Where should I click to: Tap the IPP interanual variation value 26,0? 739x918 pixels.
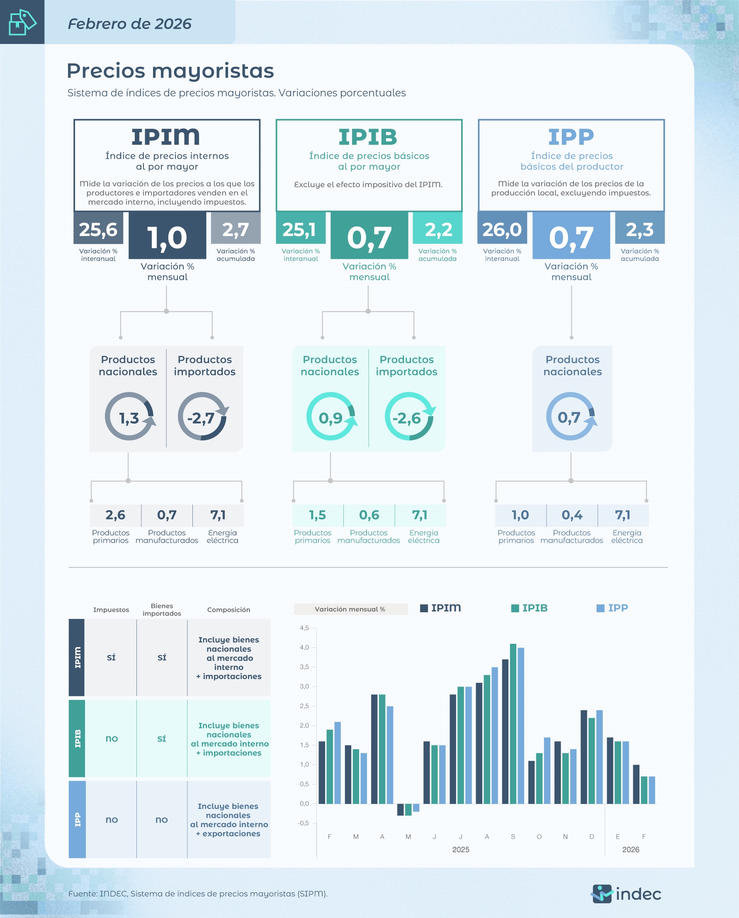coord(502,229)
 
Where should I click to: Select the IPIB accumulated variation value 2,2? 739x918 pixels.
coord(438,229)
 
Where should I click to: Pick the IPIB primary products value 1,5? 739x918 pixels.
coord(317,515)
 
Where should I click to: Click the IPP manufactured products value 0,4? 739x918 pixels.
coord(572,515)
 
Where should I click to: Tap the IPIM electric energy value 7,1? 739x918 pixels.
coord(218,515)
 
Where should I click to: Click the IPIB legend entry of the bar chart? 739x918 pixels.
coord(530,608)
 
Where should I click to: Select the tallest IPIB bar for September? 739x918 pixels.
coord(513,724)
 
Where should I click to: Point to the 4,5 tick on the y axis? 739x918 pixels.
coord(304,628)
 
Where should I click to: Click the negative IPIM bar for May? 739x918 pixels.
coord(400,809)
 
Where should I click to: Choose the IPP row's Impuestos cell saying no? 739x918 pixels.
coord(112,820)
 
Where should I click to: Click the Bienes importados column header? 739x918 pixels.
coord(162,609)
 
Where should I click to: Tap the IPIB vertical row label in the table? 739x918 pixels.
coord(77,738)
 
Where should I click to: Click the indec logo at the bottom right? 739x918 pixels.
coord(626,894)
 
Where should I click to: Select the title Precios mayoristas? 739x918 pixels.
coord(170,71)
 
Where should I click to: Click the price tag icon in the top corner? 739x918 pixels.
coord(22,22)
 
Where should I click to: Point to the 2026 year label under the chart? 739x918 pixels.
coord(630,850)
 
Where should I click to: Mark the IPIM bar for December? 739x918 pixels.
coord(583,757)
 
